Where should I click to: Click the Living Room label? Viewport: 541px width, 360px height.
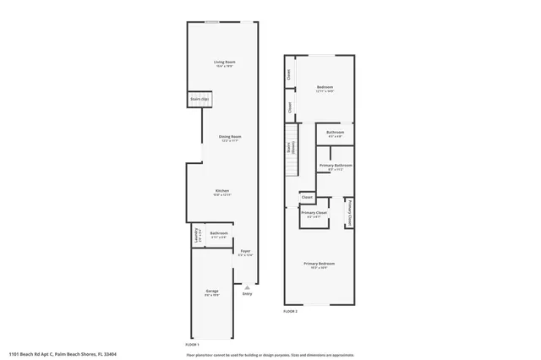223,63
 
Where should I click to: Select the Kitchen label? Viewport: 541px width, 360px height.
222,192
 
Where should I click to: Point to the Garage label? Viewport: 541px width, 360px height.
211,293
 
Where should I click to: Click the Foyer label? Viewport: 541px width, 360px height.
245,252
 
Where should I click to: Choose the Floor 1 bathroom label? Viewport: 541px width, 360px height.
219,234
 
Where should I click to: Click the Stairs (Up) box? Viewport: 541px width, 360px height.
199,100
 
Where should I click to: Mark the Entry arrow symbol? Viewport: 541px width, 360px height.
247,287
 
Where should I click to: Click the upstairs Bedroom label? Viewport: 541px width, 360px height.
325,89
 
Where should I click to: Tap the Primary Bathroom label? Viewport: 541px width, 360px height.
336,166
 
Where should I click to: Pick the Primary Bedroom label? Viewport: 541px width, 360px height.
320,265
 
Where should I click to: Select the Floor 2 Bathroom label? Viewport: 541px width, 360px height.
335,134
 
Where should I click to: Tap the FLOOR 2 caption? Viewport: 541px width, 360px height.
290,312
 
